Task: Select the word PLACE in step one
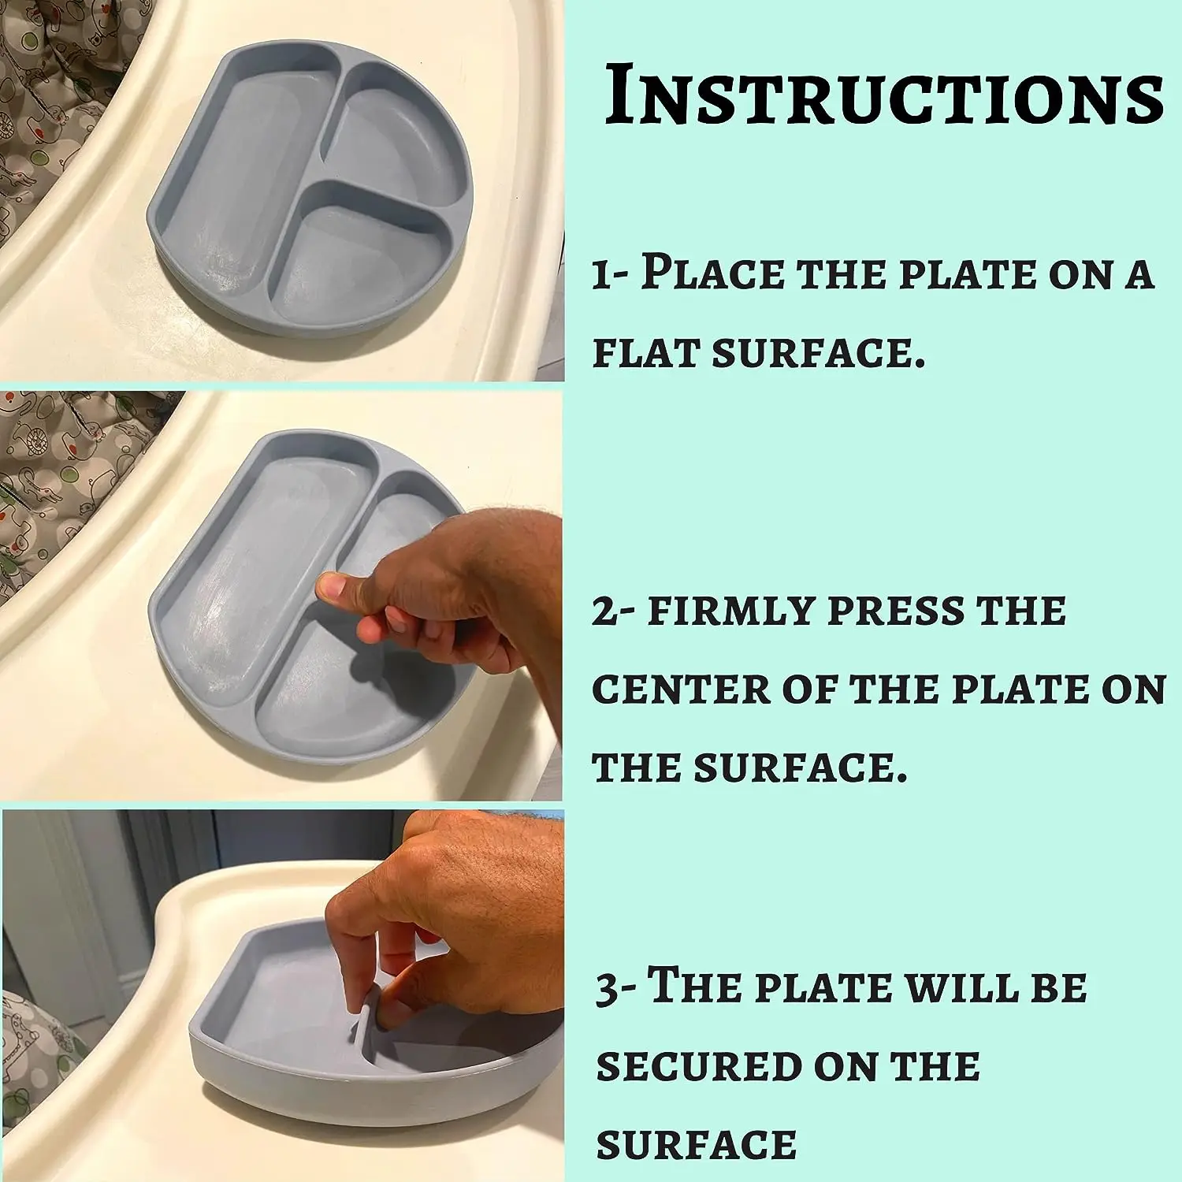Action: [x=712, y=273]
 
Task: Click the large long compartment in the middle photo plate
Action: [x=252, y=575]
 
